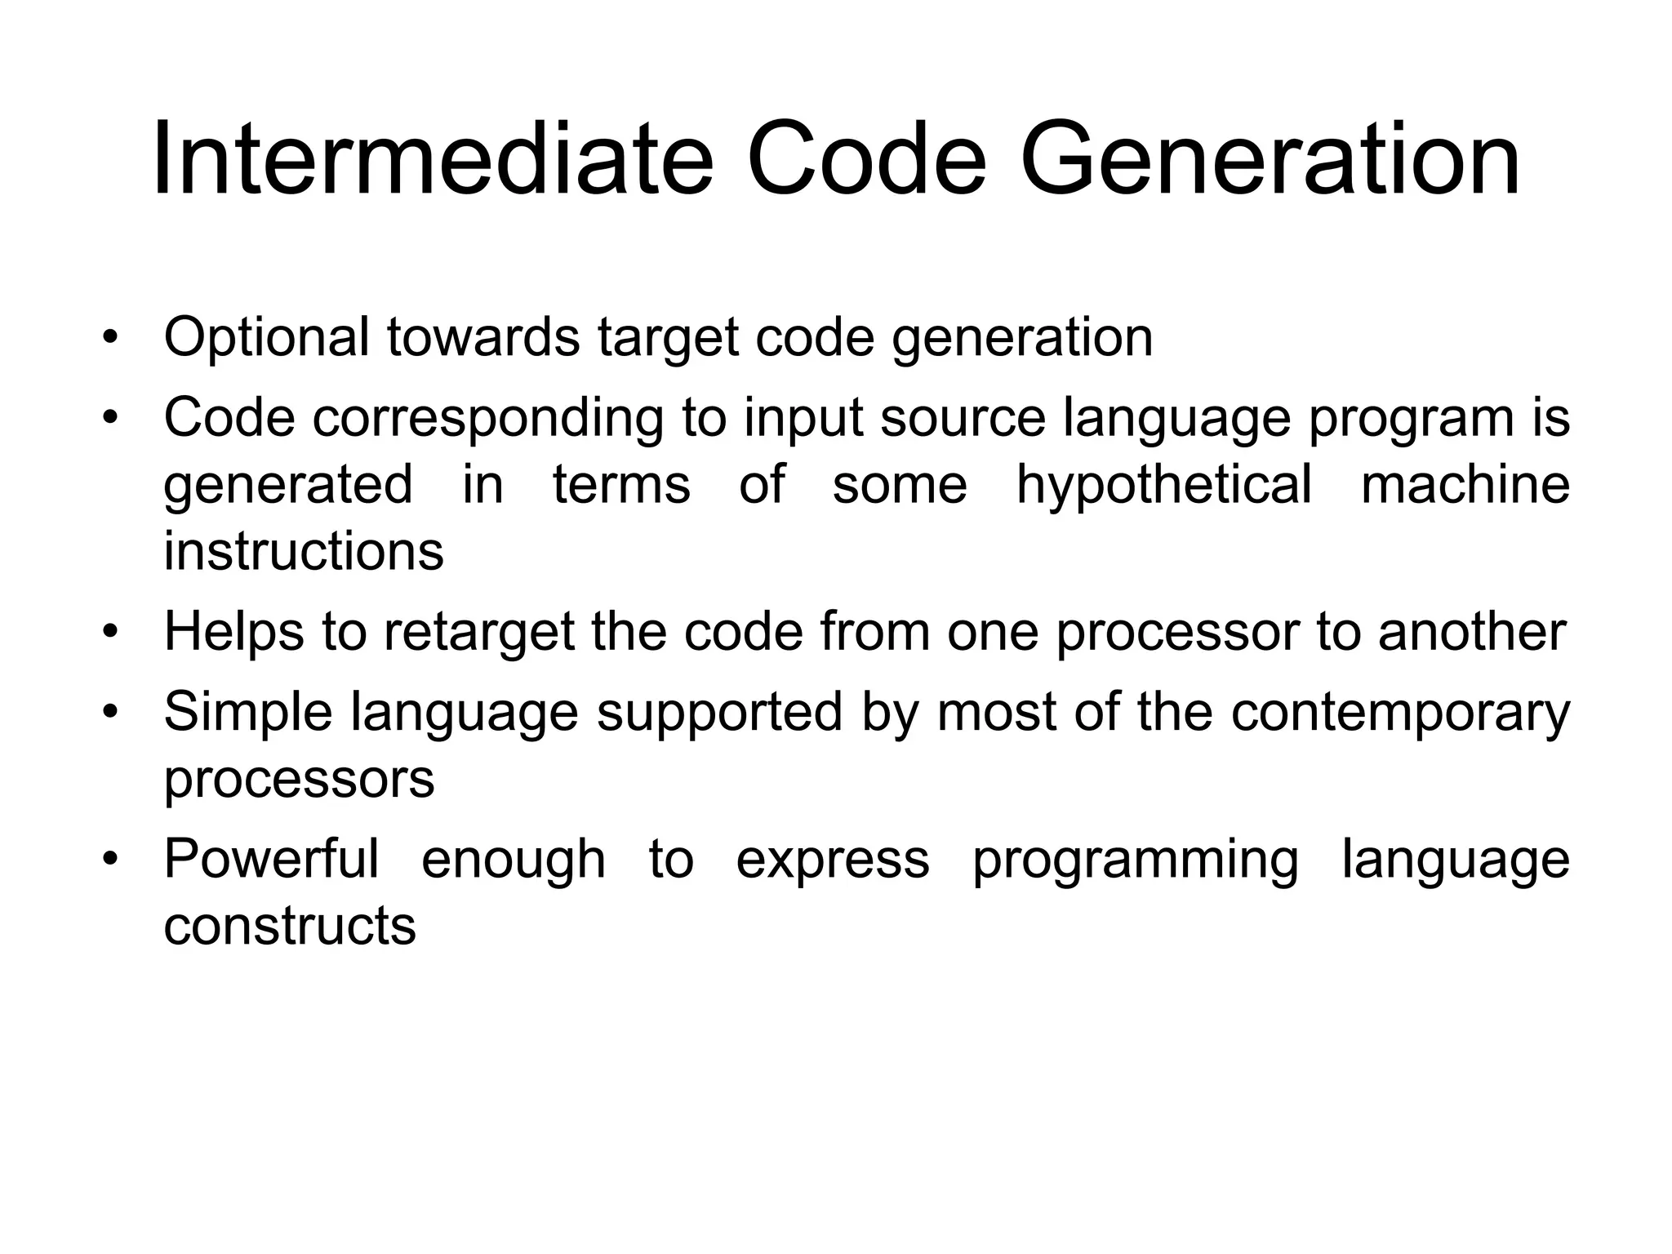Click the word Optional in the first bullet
(266, 337)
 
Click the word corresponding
(487, 419)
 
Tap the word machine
(1465, 484)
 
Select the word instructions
(304, 551)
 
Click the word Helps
(233, 633)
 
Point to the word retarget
(479, 633)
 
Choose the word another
(1472, 631)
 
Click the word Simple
(248, 713)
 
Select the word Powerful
(271, 859)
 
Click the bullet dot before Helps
(111, 633)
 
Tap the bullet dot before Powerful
(111, 860)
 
